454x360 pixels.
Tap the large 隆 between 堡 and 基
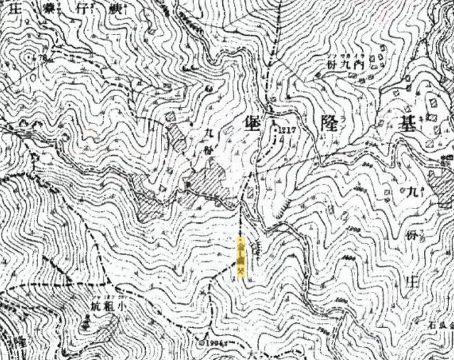pos(325,124)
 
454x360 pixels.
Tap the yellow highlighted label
pos(241,258)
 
